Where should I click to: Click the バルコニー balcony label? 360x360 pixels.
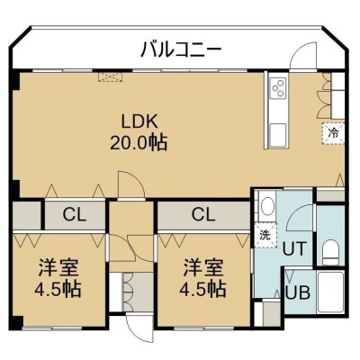click(x=181, y=49)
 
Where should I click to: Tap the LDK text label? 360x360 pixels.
click(x=139, y=122)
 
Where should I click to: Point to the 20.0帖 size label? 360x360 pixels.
click(x=139, y=143)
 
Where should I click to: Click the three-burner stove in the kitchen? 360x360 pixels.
click(x=278, y=88)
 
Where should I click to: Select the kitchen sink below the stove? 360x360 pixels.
click(x=278, y=134)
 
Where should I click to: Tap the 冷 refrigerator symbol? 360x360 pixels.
click(x=333, y=133)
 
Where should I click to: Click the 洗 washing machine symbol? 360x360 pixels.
click(x=265, y=235)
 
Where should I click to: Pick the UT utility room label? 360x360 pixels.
click(x=294, y=248)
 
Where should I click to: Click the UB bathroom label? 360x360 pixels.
click(x=298, y=292)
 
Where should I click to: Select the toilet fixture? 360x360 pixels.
click(x=330, y=251)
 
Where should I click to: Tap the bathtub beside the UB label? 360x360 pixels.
click(x=330, y=292)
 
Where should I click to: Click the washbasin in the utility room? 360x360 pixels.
click(x=266, y=206)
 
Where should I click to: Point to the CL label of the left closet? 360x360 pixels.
click(x=75, y=215)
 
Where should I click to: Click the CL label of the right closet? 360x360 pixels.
click(x=203, y=214)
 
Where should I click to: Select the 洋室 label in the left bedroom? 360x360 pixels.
click(x=58, y=268)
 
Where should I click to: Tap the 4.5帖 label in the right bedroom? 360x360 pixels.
click(x=202, y=289)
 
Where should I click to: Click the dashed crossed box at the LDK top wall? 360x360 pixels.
click(x=111, y=76)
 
